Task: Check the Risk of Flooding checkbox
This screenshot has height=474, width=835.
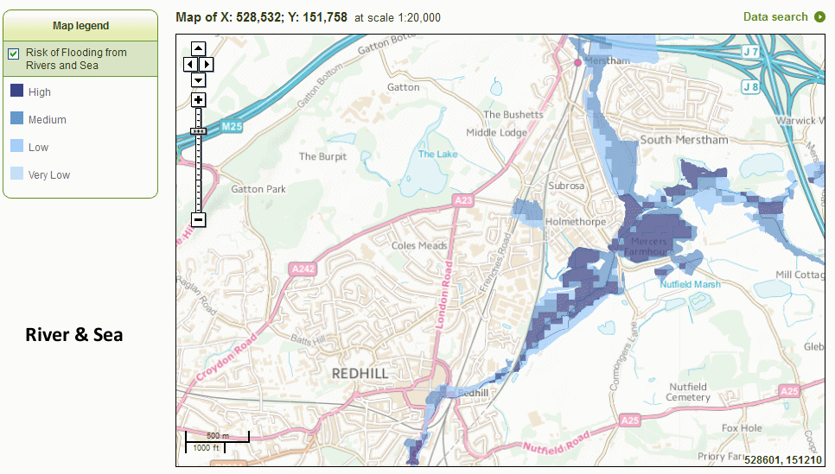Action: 14,54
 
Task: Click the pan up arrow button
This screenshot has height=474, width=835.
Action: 198,48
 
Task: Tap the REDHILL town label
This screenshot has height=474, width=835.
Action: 360,373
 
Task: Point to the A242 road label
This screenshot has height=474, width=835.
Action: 303,269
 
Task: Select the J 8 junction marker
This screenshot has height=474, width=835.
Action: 750,86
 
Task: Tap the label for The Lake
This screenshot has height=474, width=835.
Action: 438,154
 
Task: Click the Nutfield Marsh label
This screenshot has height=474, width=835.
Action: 691,283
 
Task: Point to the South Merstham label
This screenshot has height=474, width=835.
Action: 685,139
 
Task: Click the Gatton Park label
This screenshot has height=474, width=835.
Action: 258,189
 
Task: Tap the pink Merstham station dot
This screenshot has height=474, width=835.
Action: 578,62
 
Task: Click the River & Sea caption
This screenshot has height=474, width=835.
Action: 74,334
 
